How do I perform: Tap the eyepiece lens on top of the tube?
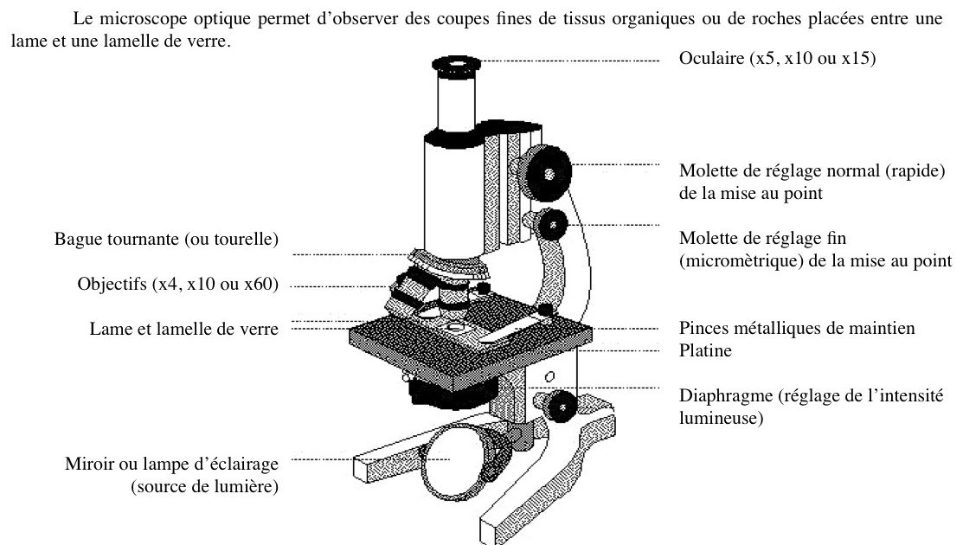[453, 63]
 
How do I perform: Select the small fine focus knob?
[550, 227]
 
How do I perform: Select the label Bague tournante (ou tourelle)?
[166, 239]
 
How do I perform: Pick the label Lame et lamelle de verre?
[183, 330]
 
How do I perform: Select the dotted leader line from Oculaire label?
[571, 61]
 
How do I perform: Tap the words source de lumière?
[204, 487]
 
